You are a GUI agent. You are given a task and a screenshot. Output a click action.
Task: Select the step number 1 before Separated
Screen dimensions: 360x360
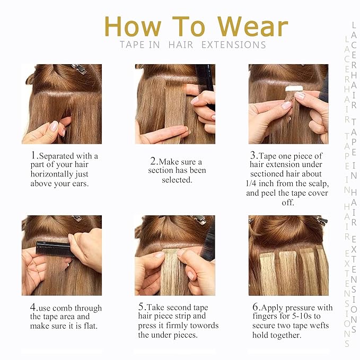point(33,155)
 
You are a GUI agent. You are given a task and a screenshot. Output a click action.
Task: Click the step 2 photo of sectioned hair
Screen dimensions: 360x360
point(175,104)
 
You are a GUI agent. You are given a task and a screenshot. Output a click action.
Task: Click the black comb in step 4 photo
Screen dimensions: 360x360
point(53,248)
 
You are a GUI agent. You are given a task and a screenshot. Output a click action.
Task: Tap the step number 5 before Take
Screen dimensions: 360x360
point(142,308)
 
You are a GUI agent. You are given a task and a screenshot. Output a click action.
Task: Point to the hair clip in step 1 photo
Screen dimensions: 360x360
point(80,68)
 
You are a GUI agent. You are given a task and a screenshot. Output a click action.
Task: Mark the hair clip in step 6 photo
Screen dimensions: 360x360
point(321,220)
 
